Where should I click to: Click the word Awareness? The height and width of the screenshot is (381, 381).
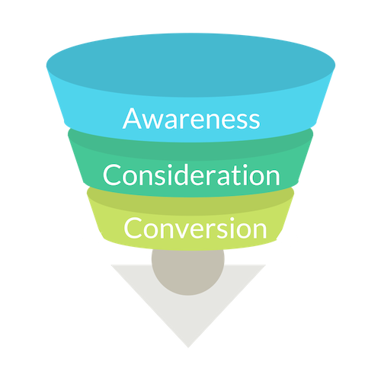point(191,119)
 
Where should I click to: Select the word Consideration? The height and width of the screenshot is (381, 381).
point(191,175)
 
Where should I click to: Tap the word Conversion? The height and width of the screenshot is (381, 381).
point(195,228)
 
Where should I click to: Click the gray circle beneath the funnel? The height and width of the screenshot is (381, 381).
point(188,272)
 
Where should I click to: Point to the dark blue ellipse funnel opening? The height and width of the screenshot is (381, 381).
point(190,65)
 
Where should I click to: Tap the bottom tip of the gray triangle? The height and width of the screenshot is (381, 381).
point(188,347)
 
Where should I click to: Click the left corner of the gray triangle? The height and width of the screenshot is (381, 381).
point(111,265)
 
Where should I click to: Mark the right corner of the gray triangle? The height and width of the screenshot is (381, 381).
point(266,265)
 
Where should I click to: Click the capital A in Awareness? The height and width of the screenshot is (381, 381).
point(133,119)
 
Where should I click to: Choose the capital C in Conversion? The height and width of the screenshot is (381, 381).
point(133,228)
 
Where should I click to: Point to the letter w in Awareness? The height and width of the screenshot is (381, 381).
point(154,122)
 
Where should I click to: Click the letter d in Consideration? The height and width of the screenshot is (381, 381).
point(181,174)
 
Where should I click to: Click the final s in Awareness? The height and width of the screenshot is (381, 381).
point(255,122)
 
